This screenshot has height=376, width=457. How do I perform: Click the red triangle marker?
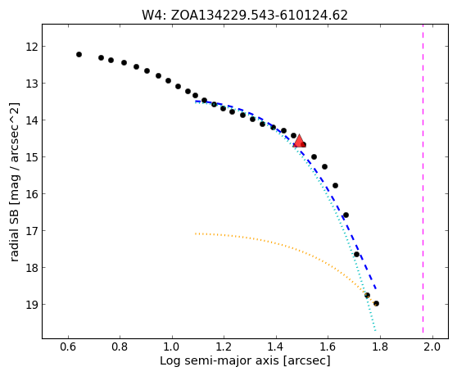click(x=299, y=141)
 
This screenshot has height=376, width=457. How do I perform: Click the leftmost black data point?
click(x=79, y=55)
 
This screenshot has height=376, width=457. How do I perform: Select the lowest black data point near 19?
click(x=376, y=303)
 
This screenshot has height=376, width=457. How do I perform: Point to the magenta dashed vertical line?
click(x=423, y=181)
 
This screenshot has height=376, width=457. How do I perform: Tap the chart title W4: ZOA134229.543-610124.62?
click(x=245, y=16)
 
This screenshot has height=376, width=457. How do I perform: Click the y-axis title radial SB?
click(x=14, y=233)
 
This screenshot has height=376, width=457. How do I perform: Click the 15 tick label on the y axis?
click(x=31, y=156)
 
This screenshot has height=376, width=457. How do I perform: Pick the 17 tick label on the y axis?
click(x=31, y=230)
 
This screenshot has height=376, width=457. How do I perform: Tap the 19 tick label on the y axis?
click(x=31, y=304)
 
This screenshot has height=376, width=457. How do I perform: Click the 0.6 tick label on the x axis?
click(x=68, y=347)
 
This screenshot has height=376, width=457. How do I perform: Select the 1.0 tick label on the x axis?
click(x=172, y=347)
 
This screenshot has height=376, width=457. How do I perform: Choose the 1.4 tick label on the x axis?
click(x=276, y=347)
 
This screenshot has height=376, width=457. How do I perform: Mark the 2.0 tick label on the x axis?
click(x=432, y=347)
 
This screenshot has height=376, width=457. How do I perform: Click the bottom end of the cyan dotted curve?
click(x=375, y=330)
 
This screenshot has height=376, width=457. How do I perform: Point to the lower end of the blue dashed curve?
click(x=376, y=288)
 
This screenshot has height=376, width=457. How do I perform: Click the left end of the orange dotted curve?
click(x=196, y=233)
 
